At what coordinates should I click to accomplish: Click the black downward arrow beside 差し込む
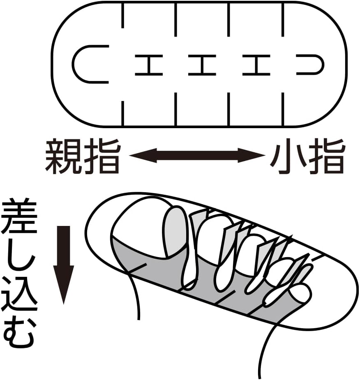click(x=64, y=263)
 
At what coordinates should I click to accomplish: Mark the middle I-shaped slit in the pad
click(x=202, y=65)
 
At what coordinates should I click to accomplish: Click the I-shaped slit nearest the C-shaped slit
click(x=149, y=65)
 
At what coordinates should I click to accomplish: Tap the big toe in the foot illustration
click(x=142, y=234)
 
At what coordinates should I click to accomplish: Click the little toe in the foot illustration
click(x=299, y=293)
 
